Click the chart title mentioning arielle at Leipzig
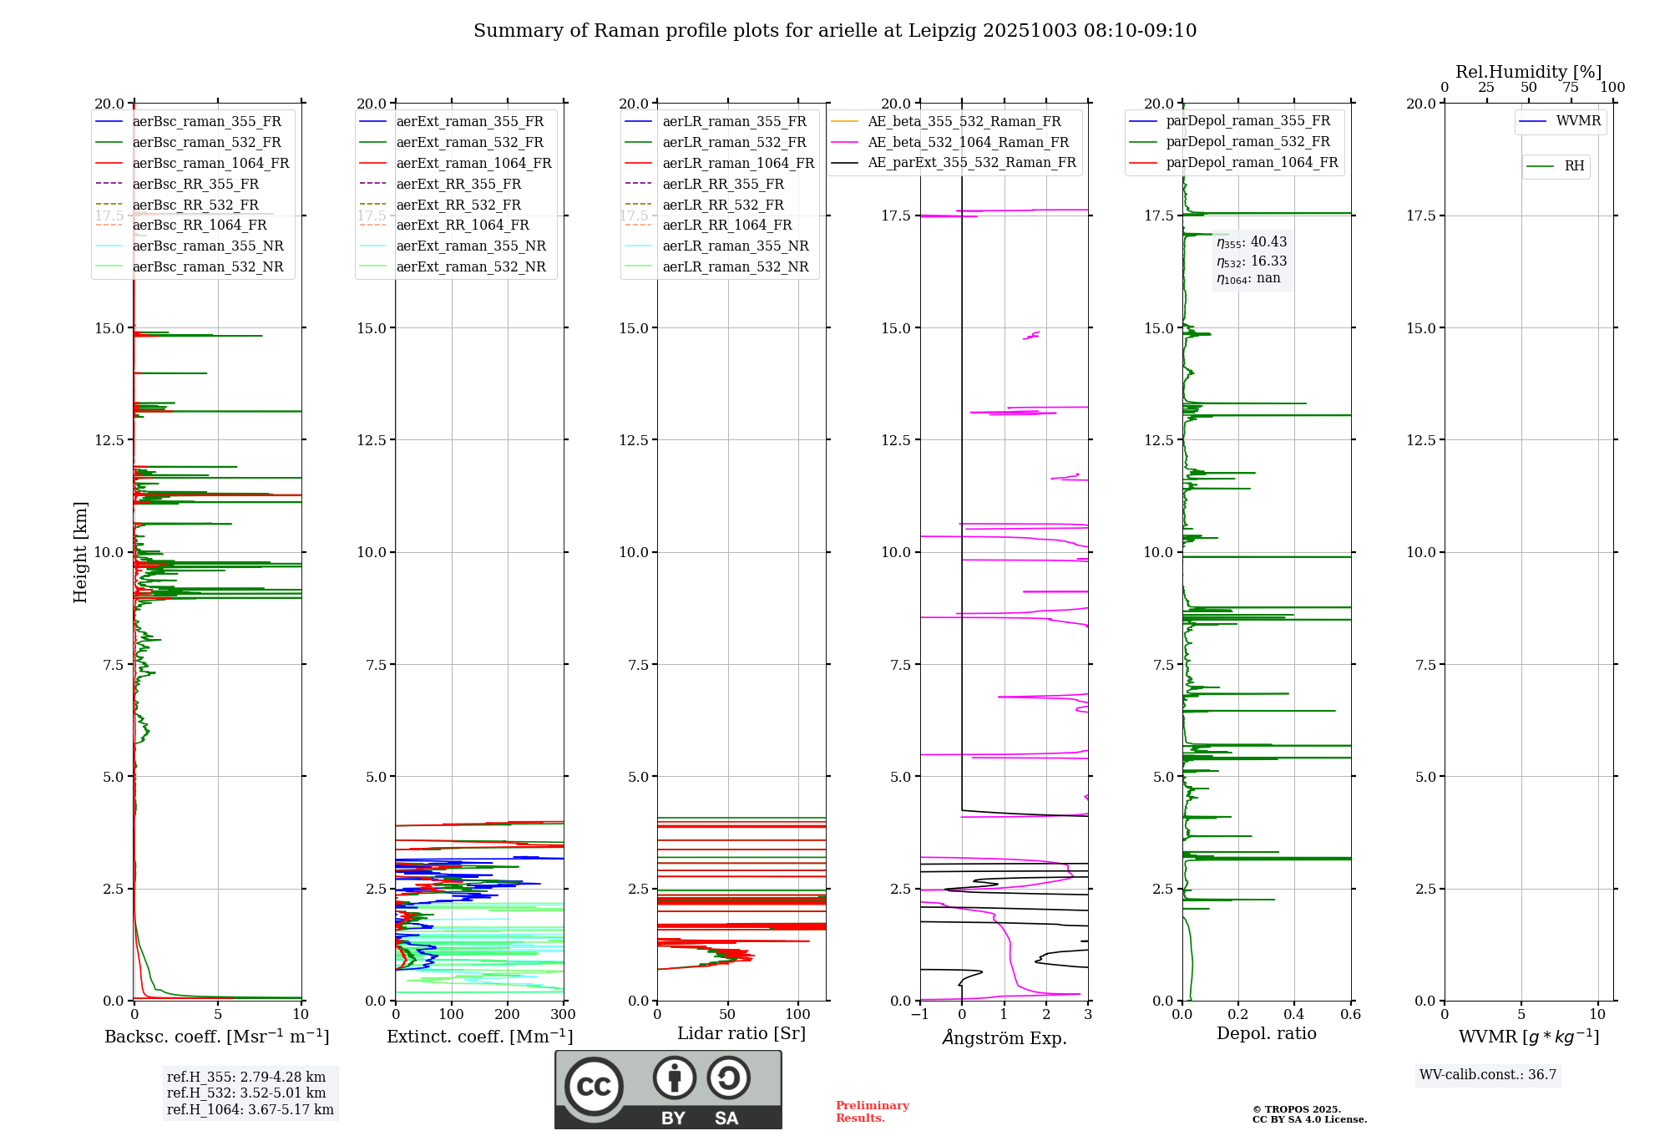[835, 31]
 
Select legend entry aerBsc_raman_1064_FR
[210, 163]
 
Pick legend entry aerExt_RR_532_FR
[458, 205]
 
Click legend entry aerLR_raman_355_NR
[735, 246]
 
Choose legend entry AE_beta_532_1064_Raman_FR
[968, 142]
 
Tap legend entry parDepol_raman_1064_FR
[1252, 162]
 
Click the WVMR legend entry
[1577, 121]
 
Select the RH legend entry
[1574, 166]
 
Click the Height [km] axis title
[80, 552]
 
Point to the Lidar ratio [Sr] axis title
[741, 1033]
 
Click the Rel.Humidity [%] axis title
[1528, 72]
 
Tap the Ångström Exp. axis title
[1005, 1037]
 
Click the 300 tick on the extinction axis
[564, 1014]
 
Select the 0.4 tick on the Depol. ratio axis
[1294, 1014]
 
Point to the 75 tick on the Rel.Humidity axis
[1571, 87]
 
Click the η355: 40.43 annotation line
[1252, 242]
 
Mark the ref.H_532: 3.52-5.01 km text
[246, 1093]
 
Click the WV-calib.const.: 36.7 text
[1488, 1074]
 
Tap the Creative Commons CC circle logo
[594, 1086]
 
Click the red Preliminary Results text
[872, 1111]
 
